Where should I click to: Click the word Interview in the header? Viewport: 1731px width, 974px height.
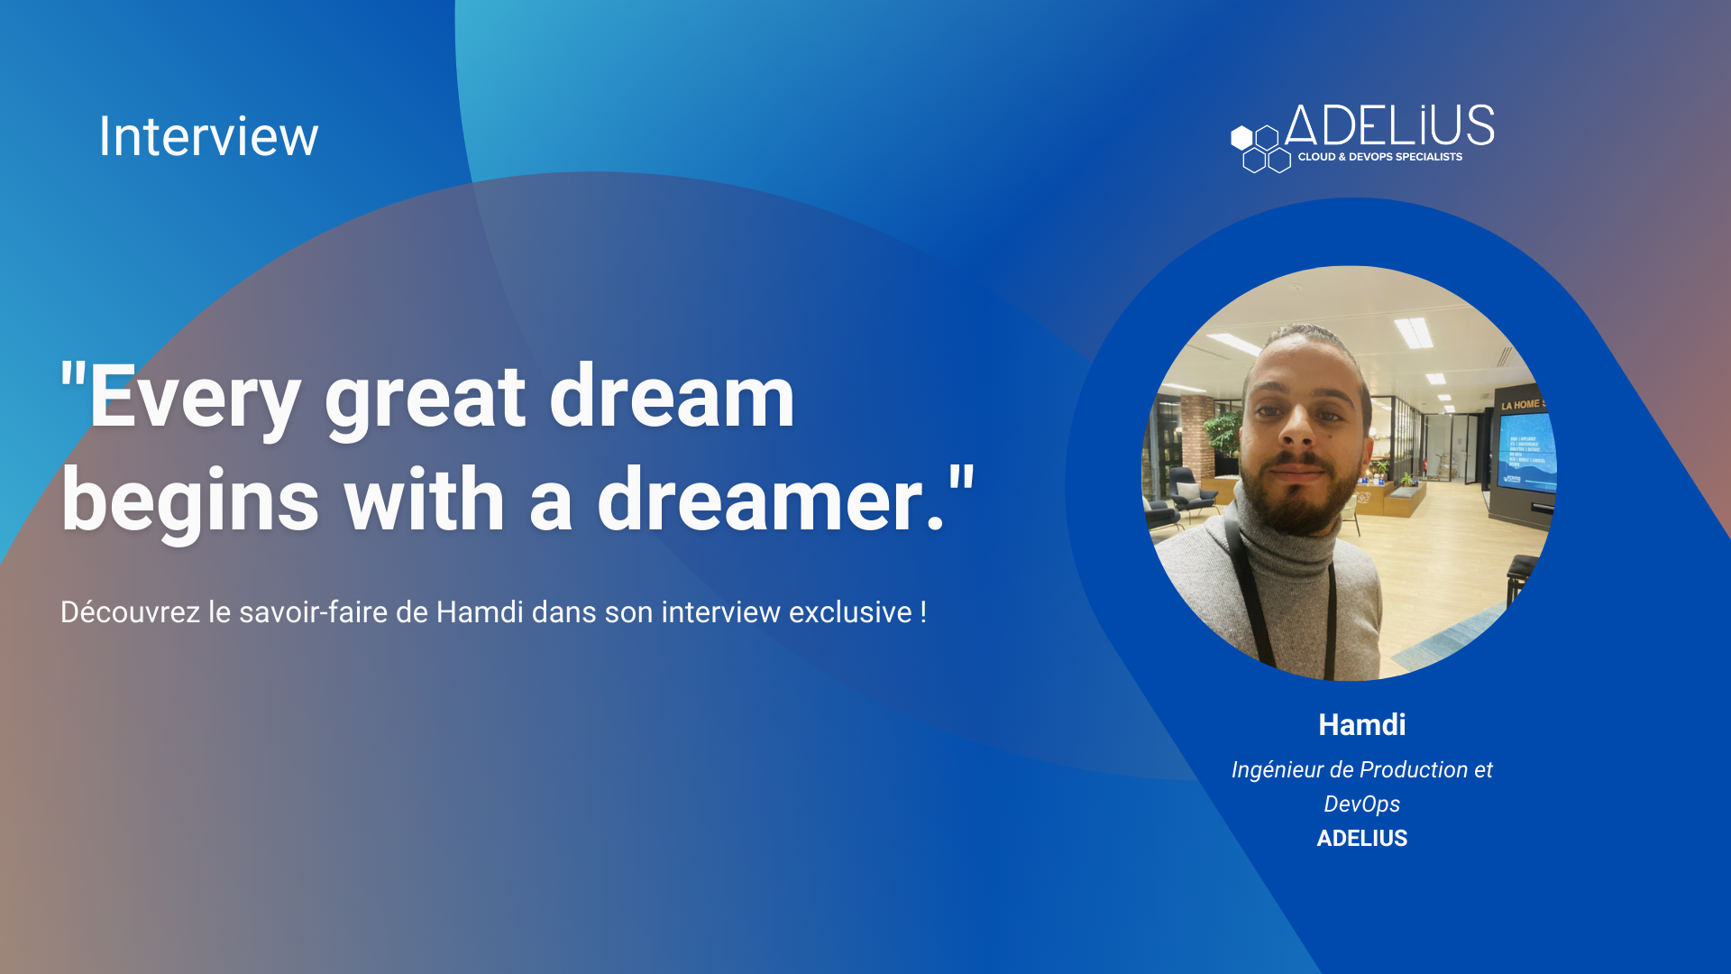208,136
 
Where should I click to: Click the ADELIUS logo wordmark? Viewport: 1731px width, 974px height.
1389,125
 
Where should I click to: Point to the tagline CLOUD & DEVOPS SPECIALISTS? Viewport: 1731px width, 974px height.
1380,157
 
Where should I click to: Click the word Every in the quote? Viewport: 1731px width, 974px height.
195,398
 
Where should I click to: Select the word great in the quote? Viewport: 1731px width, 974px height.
425,398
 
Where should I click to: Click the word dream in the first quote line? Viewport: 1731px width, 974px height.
672,396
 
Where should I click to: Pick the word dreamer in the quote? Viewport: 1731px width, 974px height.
760,500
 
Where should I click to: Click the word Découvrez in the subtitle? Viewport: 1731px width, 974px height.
131,612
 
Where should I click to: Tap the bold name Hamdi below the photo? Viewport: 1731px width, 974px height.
1361,725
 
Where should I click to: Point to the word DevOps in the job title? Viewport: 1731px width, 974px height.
1361,804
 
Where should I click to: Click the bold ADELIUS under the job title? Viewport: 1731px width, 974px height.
1361,839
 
